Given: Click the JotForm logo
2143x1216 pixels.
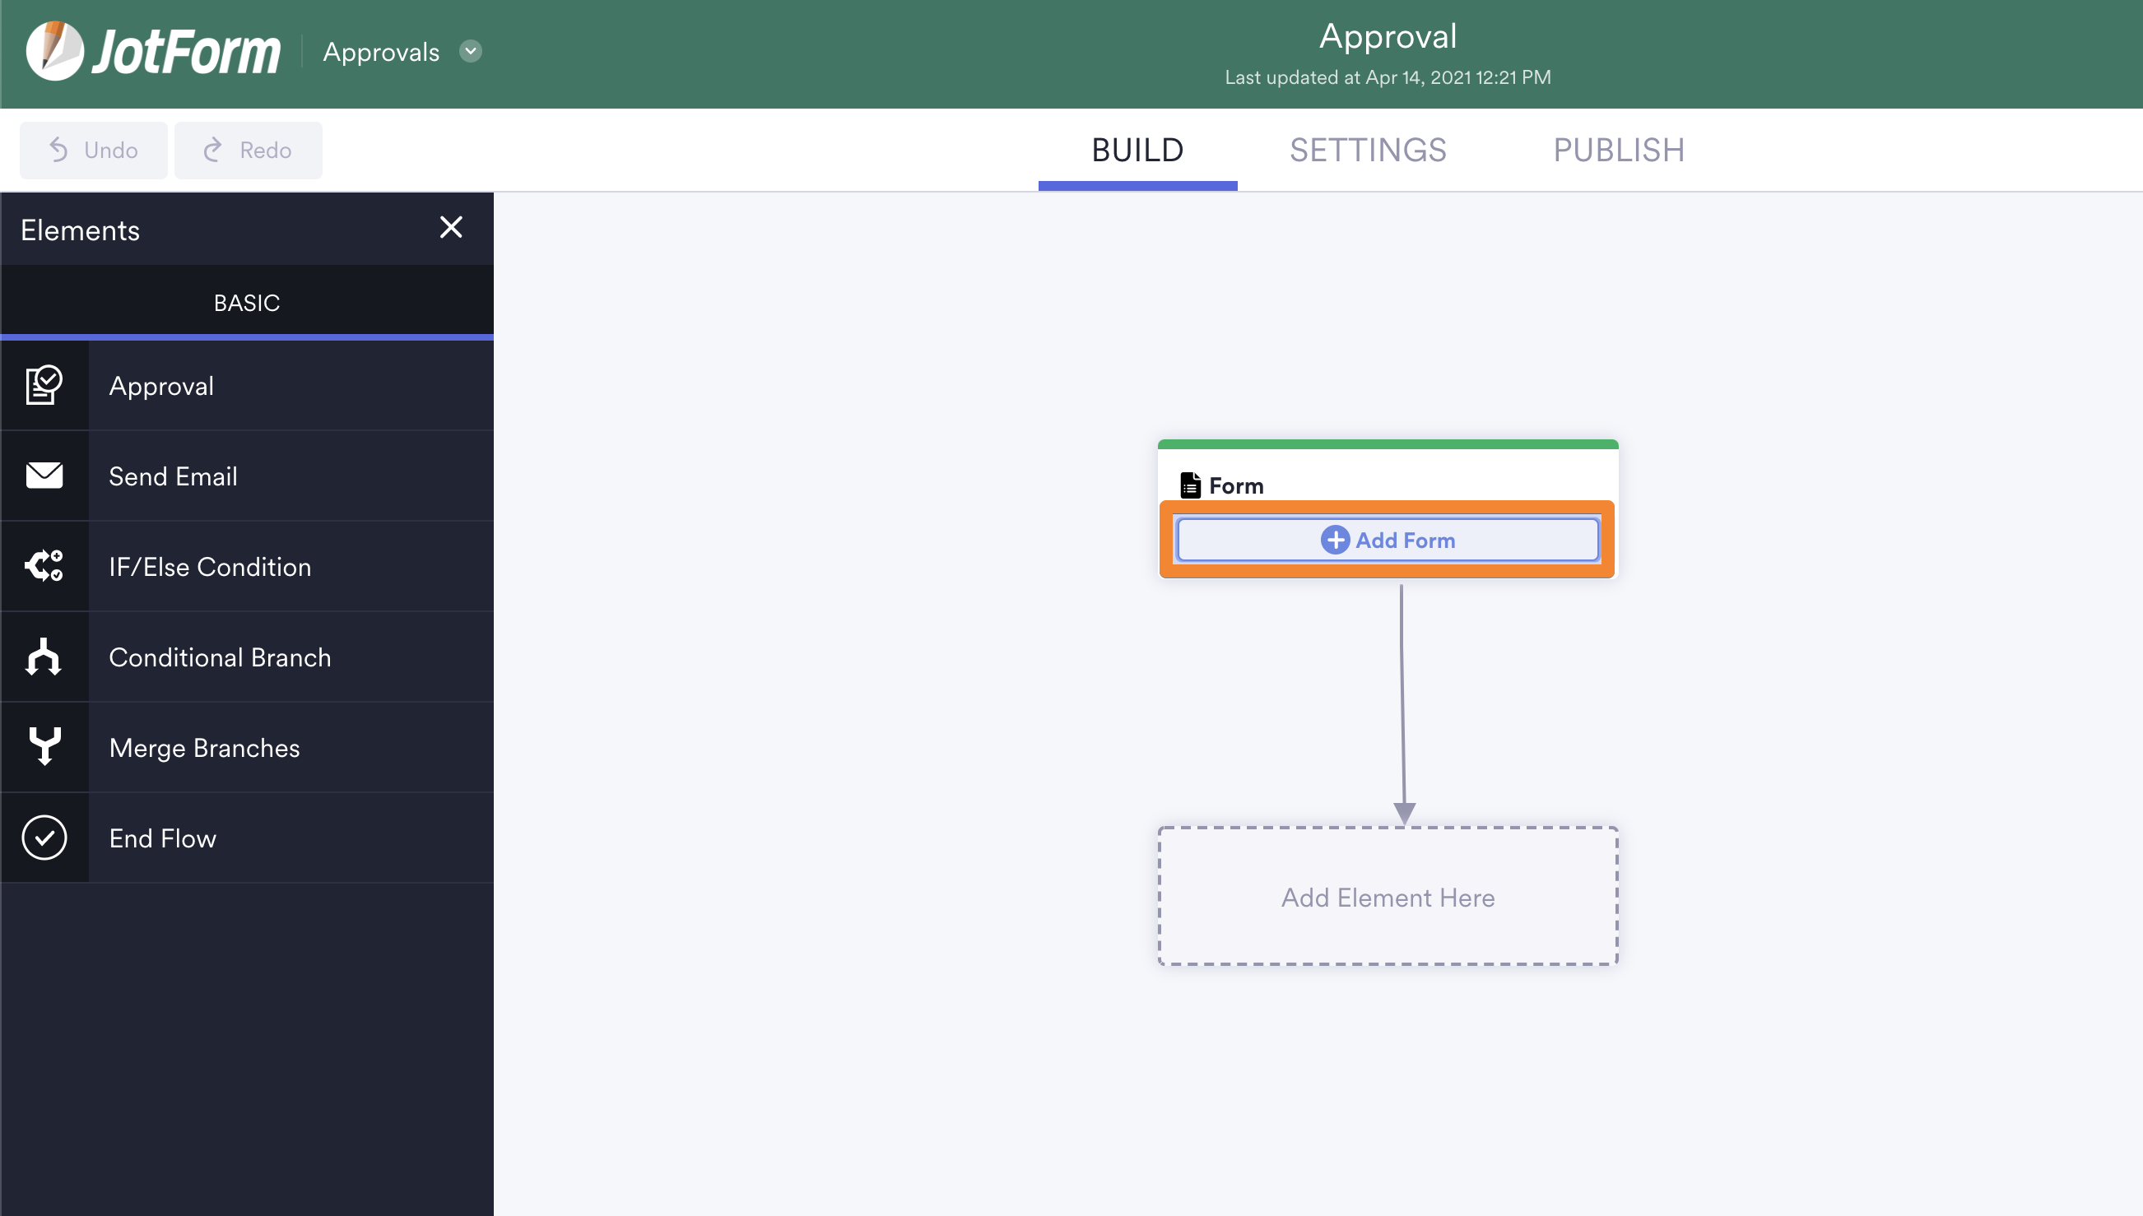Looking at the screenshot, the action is (153, 51).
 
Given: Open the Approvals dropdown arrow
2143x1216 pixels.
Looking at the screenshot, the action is (471, 51).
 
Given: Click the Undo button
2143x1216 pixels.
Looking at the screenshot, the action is (94, 151).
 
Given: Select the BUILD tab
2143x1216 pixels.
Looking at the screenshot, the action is (1137, 151).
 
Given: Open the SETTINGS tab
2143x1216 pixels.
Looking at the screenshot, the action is (1368, 151).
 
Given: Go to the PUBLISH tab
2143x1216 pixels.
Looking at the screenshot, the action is (1619, 151).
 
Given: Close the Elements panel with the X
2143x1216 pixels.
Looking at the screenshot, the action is (451, 227).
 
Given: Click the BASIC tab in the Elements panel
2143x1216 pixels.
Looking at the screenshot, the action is (246, 302).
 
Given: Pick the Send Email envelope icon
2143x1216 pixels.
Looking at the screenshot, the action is (44, 476).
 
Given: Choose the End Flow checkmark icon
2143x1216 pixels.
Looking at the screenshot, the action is (44, 838).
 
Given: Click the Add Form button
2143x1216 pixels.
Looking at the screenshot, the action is (1388, 540).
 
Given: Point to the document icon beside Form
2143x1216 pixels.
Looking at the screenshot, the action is (1190, 485).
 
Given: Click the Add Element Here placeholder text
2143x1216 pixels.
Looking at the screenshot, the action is (1388, 898).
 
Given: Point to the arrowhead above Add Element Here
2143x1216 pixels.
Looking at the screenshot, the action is (1405, 814).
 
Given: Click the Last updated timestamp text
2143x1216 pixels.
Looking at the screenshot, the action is (1388, 77).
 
